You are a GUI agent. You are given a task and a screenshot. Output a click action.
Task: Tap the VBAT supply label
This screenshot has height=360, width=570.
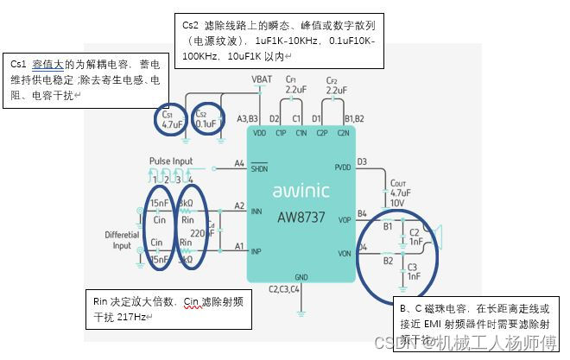(x=262, y=79)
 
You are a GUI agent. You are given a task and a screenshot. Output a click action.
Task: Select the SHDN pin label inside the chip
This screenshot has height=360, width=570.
(x=260, y=169)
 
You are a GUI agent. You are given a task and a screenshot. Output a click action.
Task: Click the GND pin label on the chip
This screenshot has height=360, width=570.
(x=301, y=277)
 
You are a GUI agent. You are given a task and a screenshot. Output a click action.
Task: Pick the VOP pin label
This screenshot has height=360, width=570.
(x=345, y=220)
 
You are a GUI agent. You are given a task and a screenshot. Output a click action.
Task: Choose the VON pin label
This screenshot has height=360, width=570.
(x=345, y=253)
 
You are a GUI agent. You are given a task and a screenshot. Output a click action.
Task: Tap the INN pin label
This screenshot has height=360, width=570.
(x=257, y=212)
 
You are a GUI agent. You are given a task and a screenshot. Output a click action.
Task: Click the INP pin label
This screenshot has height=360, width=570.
(x=257, y=253)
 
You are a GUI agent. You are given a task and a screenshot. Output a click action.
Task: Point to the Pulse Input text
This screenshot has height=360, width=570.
(x=171, y=161)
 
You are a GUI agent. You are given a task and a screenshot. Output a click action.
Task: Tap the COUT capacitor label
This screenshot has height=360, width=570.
(x=398, y=192)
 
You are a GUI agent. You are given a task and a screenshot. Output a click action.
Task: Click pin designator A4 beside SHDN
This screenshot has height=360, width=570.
(x=239, y=163)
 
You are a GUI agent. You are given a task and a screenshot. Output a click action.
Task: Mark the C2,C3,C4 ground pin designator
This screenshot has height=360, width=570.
(x=285, y=289)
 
